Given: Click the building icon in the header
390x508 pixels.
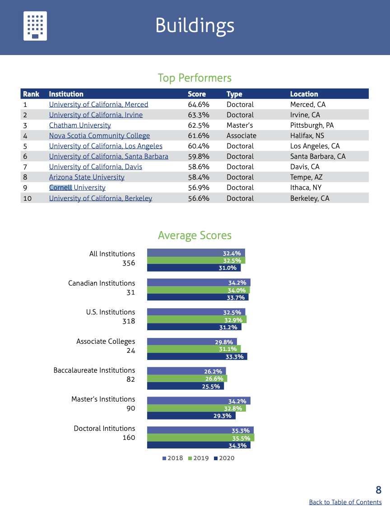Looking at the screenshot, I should click(x=35, y=26).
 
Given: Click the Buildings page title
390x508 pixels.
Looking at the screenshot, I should click(x=195, y=25).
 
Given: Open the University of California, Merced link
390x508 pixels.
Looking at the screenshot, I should click(x=98, y=105).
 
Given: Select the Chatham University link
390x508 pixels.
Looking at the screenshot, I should click(x=80, y=125).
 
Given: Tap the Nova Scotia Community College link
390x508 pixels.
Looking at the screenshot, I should click(x=99, y=136).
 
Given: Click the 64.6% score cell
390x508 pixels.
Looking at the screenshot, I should click(x=198, y=105).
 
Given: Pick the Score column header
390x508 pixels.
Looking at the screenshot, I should click(x=197, y=94).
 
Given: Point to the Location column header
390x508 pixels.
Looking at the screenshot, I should click(x=304, y=94).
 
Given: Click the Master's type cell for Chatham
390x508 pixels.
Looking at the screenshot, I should click(x=239, y=125).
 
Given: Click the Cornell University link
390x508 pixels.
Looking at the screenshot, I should click(x=77, y=188).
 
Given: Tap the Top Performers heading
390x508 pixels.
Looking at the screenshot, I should click(x=195, y=78).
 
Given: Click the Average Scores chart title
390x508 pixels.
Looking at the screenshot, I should click(x=195, y=236).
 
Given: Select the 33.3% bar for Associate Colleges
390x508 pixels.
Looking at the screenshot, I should click(x=197, y=356).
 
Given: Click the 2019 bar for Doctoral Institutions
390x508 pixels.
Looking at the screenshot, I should click(x=200, y=438).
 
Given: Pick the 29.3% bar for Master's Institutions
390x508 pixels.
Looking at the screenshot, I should click(x=191, y=416).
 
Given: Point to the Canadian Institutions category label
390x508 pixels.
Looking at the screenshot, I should click(x=102, y=283).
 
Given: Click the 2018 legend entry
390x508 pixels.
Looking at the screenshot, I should click(x=172, y=458).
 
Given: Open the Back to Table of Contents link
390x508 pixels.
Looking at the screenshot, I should click(x=345, y=502).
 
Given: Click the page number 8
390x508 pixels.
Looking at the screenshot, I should click(x=378, y=490).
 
